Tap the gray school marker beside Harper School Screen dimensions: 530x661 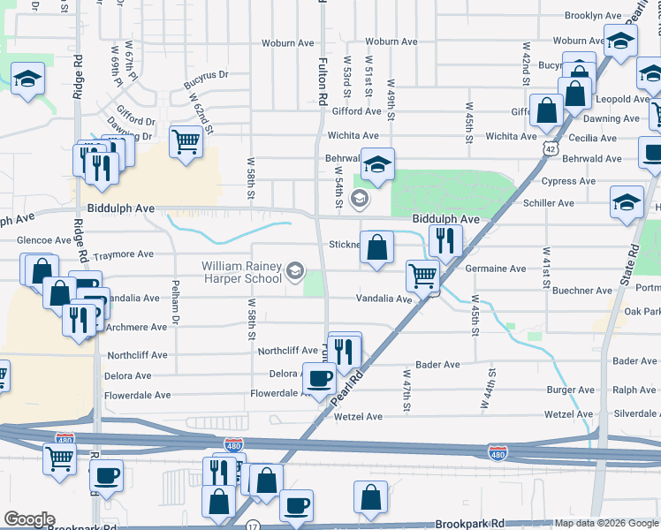click(296, 270)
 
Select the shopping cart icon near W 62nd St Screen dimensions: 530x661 click(186, 141)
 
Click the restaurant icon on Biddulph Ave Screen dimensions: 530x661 click(446, 241)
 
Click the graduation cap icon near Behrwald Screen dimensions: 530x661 click(377, 164)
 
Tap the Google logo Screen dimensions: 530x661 click(28, 519)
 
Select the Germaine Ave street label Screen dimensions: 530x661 click(495, 269)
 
